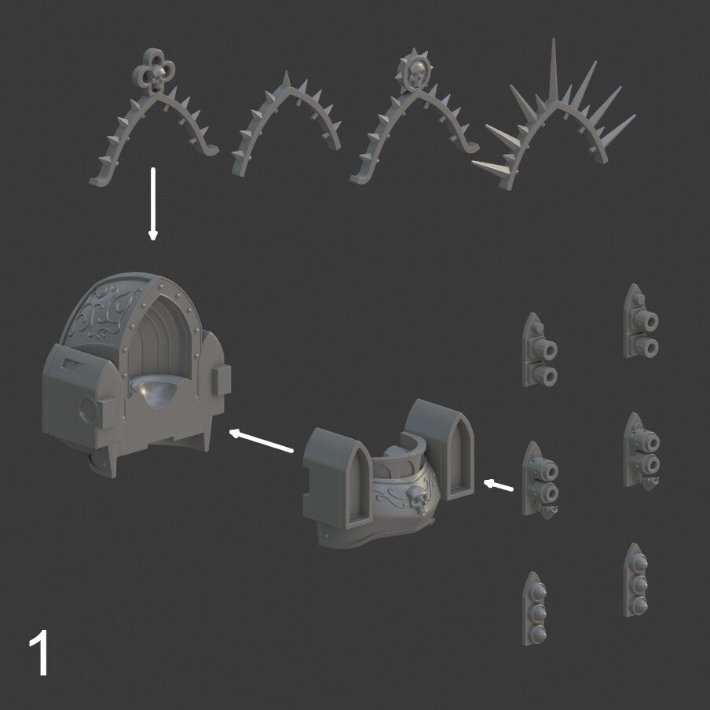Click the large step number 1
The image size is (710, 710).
[x=39, y=653]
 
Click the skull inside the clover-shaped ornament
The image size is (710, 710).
[x=156, y=79]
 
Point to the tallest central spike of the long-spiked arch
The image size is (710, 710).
[x=554, y=68]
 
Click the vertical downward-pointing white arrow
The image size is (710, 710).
[x=153, y=203]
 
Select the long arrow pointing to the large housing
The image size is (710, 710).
[x=262, y=441]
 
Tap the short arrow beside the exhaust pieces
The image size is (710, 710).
[x=498, y=485]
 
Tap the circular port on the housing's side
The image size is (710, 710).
[x=88, y=410]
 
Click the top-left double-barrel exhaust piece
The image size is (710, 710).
[x=540, y=351]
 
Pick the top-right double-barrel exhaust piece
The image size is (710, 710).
[x=640, y=322]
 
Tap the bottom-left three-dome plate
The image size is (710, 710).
[x=534, y=609]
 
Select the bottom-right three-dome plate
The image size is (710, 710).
[x=635, y=580]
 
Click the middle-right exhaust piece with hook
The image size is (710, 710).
[x=642, y=452]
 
